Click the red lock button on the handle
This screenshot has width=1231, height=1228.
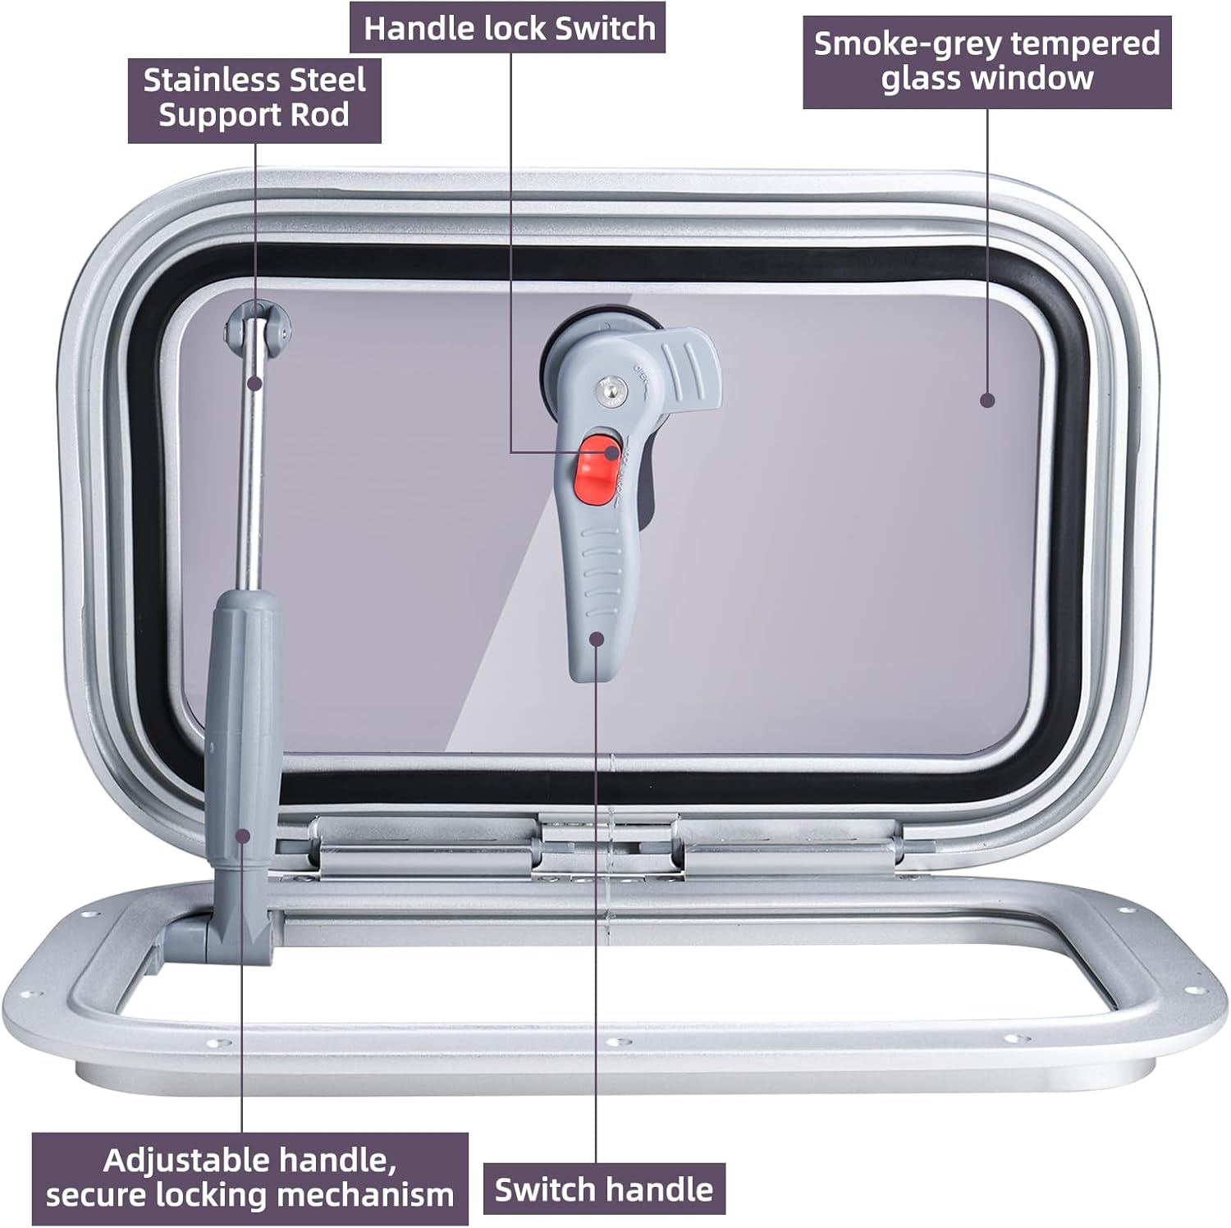(x=601, y=469)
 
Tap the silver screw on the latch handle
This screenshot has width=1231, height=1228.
(x=610, y=396)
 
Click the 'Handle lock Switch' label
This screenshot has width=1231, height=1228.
(x=509, y=29)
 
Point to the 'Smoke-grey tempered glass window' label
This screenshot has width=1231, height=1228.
(x=987, y=61)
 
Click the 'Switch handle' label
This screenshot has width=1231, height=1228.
(x=604, y=1189)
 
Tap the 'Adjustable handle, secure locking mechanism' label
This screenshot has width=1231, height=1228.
(x=250, y=1178)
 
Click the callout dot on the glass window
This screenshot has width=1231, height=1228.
(x=987, y=400)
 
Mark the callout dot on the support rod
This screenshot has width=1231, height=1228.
(x=255, y=382)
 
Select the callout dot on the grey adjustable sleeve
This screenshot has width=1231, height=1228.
(x=243, y=835)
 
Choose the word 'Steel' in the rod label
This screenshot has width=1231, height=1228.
(x=323, y=80)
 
